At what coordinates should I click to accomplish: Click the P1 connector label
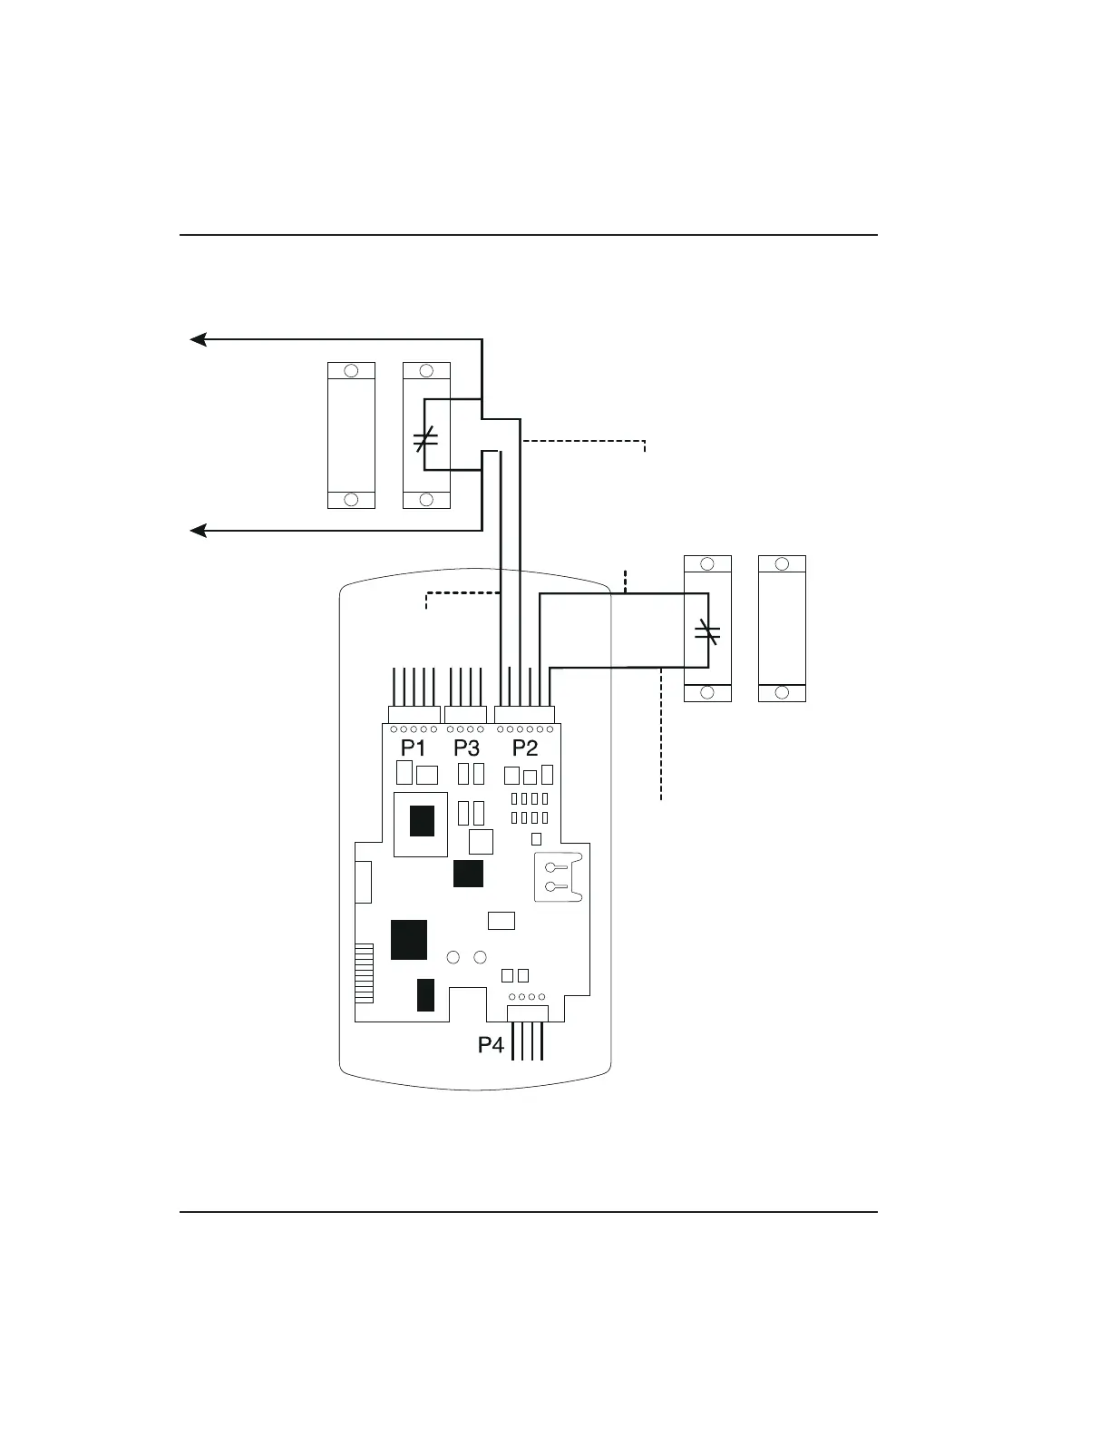(x=414, y=748)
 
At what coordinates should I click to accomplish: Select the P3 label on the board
(x=466, y=748)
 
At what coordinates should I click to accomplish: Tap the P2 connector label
(x=525, y=748)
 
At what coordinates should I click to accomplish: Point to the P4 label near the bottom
(x=491, y=1045)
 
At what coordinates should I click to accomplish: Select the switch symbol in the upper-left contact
(x=425, y=440)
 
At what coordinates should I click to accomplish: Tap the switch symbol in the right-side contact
(x=707, y=633)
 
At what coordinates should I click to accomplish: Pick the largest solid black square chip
(x=409, y=939)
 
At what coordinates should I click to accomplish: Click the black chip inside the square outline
(x=422, y=821)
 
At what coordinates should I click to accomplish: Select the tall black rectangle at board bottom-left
(x=425, y=994)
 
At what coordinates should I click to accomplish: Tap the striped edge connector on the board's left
(x=364, y=973)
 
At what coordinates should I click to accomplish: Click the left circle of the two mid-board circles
(x=454, y=957)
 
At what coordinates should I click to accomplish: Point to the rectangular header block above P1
(x=414, y=714)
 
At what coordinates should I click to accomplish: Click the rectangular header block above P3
(x=466, y=714)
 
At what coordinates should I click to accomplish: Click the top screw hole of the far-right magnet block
(x=782, y=564)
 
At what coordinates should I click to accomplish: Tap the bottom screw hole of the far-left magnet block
(x=351, y=499)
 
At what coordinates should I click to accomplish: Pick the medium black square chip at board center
(x=468, y=874)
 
